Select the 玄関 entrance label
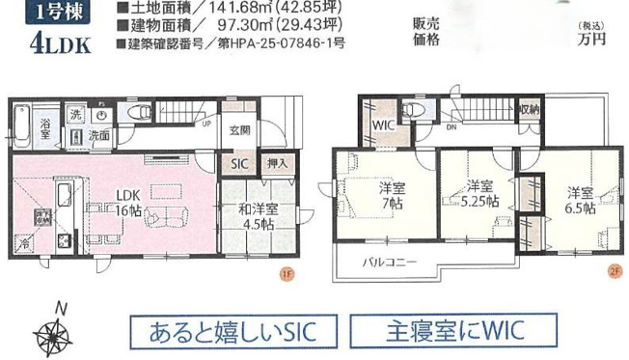239,130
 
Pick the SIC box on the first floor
238,164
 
